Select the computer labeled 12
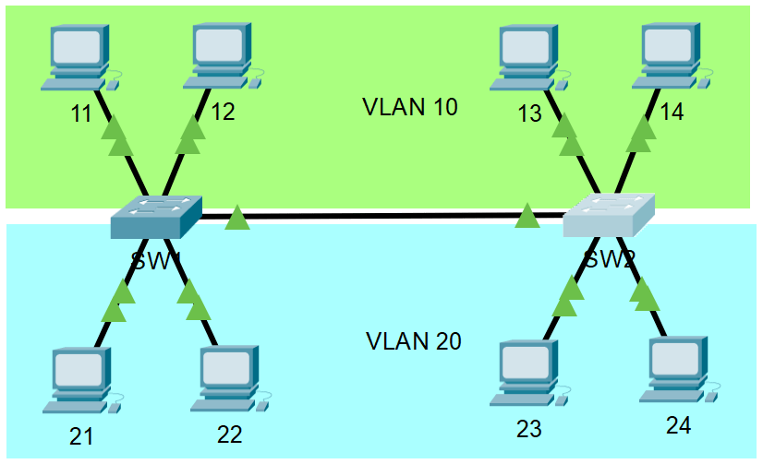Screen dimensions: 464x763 click(x=222, y=56)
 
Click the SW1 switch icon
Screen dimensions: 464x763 click(x=155, y=217)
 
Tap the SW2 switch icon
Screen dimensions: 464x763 click(x=609, y=216)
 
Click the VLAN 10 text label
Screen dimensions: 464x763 click(x=410, y=107)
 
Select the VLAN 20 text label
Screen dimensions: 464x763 click(x=413, y=341)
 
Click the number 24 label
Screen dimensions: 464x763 click(x=679, y=425)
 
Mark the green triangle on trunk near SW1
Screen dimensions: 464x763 click(x=237, y=218)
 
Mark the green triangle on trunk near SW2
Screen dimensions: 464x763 click(x=527, y=217)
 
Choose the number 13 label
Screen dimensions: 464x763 click(x=529, y=114)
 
